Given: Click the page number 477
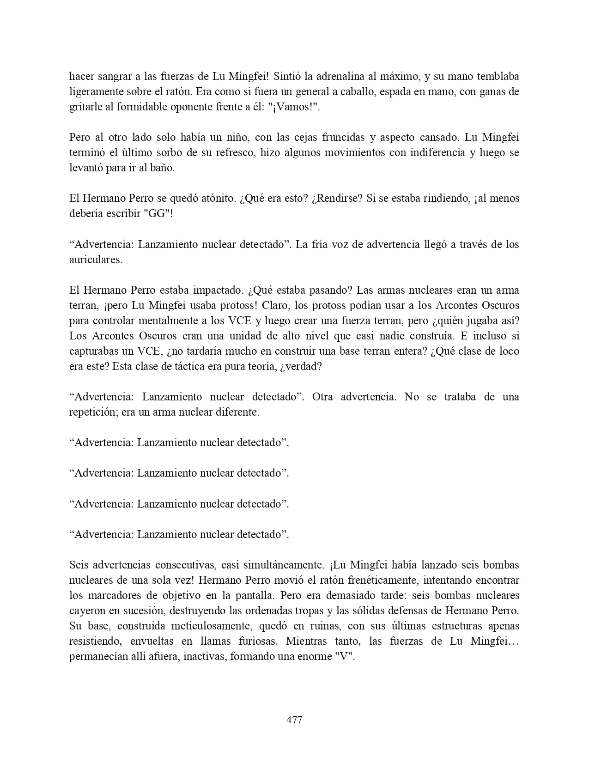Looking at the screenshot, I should pyautogui.click(x=294, y=720).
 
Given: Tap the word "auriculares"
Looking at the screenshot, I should pyautogui.click(x=95, y=260).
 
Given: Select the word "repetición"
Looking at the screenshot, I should pyautogui.click(x=94, y=412).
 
